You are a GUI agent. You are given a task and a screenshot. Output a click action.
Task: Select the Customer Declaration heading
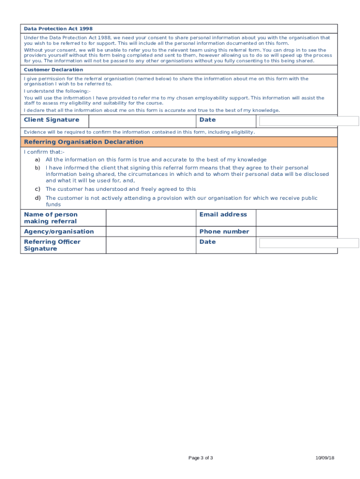point(53,70)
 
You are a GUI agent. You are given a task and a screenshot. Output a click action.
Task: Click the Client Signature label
point(51,120)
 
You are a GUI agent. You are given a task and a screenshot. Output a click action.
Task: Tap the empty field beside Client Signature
point(142,121)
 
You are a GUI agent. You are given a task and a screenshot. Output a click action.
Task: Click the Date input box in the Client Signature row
point(309,121)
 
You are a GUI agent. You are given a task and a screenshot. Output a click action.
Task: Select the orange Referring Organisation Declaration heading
point(84,142)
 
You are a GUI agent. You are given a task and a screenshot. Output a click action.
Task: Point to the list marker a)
point(37,160)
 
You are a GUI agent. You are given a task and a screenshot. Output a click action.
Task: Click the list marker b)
point(37,167)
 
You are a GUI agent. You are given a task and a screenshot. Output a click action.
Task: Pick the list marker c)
point(37,189)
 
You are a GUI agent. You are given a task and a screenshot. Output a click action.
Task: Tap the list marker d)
point(37,198)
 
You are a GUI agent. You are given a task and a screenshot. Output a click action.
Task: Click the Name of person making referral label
point(50,218)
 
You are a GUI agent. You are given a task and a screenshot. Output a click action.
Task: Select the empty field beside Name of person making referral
point(151,218)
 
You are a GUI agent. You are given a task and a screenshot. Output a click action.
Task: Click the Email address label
point(223,215)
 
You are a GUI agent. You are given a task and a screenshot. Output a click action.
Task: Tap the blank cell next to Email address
point(296,218)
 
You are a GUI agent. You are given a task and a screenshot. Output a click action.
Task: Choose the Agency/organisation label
point(59,232)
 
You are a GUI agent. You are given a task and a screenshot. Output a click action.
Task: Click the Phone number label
point(224,232)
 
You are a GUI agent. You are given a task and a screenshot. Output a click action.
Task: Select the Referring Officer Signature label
point(52,245)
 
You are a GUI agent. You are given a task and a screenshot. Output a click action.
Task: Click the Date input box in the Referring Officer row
point(309,243)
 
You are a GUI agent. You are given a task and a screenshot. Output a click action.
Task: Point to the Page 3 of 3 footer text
point(201,458)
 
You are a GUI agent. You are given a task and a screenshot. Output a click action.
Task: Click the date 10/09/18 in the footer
point(324,458)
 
